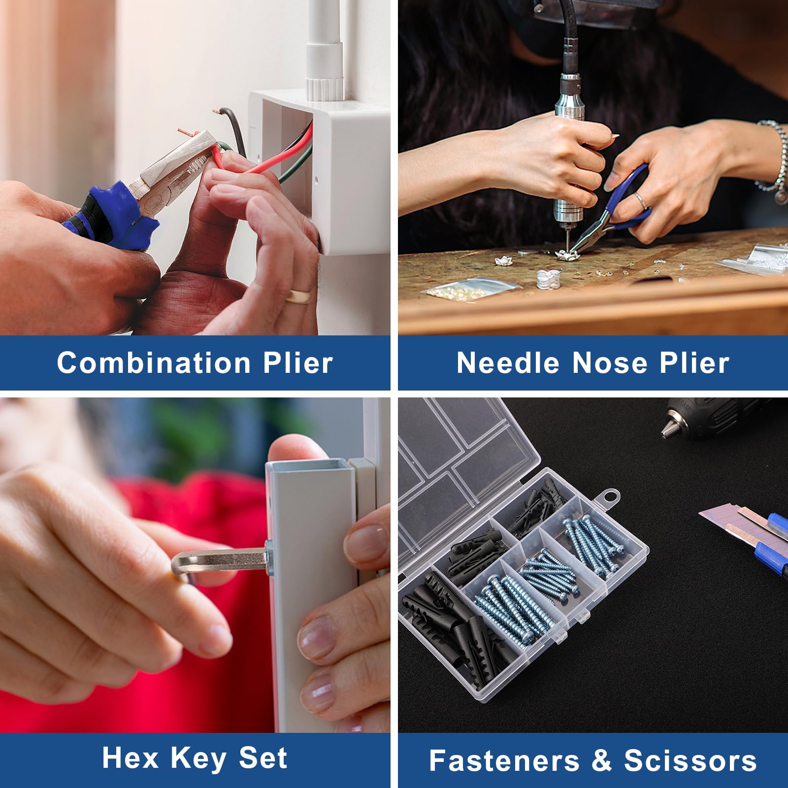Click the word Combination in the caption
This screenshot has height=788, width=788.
[x=154, y=363]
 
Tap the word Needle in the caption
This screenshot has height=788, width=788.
[x=508, y=363]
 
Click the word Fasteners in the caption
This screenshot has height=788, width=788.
[x=504, y=761]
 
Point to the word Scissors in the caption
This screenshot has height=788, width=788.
[x=690, y=761]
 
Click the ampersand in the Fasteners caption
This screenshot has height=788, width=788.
[x=602, y=761]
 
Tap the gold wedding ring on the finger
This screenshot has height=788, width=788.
[x=299, y=296]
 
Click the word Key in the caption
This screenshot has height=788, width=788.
[x=198, y=758]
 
